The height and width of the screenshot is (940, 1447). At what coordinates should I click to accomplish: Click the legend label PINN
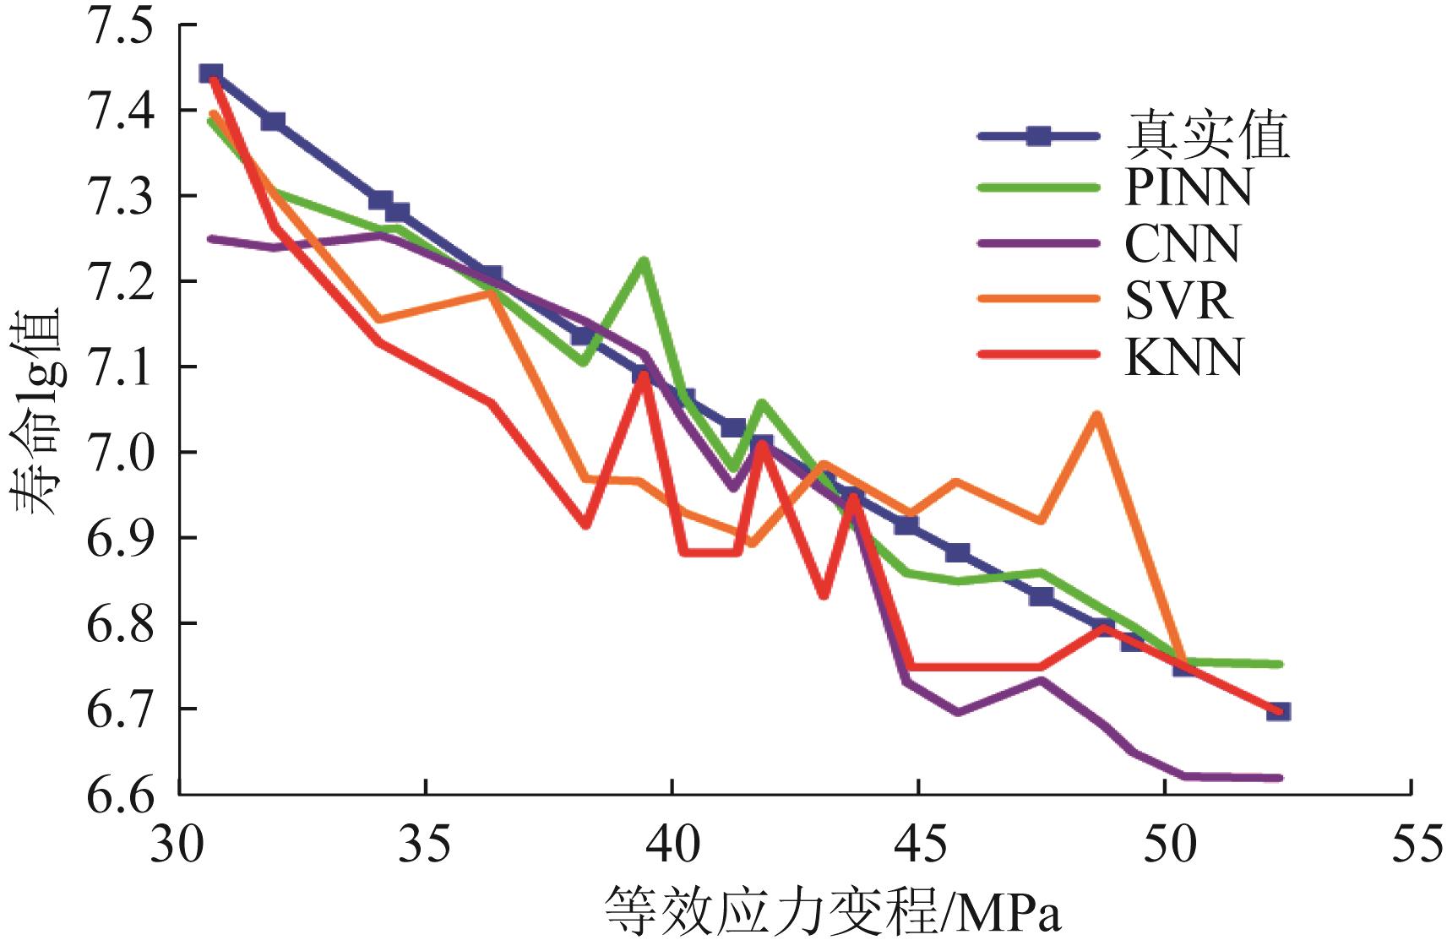click(x=1188, y=187)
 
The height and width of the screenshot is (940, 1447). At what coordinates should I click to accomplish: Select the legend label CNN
click(x=1182, y=244)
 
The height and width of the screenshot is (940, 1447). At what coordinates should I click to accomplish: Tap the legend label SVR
click(x=1178, y=300)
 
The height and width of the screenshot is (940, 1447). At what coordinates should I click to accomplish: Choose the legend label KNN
click(x=1183, y=357)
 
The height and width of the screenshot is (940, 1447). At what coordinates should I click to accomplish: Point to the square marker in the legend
click(x=1038, y=136)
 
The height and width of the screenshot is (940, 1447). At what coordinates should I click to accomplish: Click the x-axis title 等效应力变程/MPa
click(x=832, y=911)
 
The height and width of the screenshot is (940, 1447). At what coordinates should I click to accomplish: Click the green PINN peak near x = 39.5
click(x=644, y=261)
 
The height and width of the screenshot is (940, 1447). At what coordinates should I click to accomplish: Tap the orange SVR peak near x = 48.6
click(x=1096, y=415)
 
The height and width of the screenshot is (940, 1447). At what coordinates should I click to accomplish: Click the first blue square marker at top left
click(x=211, y=74)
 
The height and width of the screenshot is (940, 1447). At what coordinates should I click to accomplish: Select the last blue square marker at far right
click(x=1279, y=711)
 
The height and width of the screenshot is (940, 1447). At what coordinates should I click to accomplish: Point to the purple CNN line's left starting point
click(x=210, y=239)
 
